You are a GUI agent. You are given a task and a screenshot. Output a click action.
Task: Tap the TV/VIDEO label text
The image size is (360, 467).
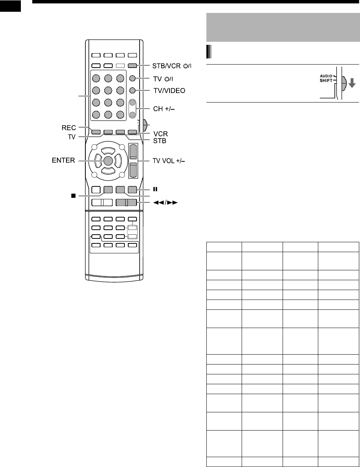point(164,91)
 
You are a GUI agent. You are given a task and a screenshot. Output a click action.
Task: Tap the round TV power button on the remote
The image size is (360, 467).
point(132,79)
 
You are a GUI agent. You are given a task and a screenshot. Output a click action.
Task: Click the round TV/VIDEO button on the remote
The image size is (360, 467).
point(132,91)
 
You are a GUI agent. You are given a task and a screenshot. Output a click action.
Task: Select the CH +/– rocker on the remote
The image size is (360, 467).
point(132,109)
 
